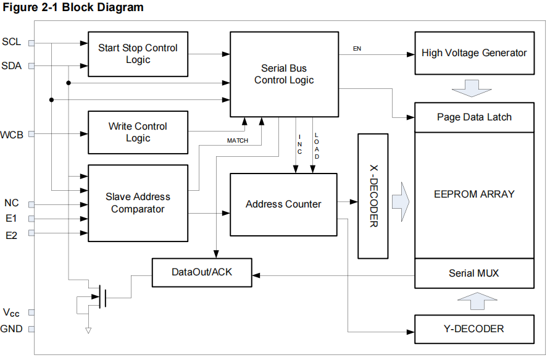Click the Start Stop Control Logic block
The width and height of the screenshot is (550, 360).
[138, 54]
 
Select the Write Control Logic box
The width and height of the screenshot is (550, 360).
[138, 132]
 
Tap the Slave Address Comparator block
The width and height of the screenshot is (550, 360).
[138, 203]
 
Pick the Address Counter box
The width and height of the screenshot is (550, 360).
[283, 204]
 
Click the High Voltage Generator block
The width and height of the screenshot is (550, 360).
[474, 53]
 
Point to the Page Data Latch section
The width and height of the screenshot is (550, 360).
[474, 117]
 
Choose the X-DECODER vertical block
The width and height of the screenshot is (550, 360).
[373, 196]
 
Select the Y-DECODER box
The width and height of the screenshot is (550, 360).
[474, 329]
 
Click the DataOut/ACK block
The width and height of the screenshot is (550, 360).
[201, 272]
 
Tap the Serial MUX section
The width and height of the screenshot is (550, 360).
[474, 273]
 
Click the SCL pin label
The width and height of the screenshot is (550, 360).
[11, 42]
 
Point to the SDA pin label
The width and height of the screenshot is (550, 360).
[11, 65]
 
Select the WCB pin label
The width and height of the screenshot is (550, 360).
[12, 134]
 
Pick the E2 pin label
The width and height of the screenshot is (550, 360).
[11, 234]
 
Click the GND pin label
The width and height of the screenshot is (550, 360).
[12, 329]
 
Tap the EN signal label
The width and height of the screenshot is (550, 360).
[357, 48]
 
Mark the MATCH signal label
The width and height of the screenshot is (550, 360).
[238, 141]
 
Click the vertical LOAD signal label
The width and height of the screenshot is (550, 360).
[317, 146]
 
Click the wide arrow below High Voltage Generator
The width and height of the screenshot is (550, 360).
[473, 88]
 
